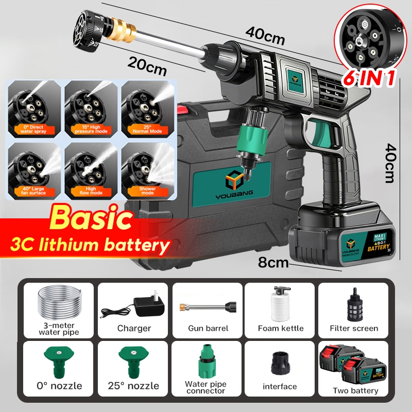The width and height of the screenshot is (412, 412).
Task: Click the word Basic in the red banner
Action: point(90,218)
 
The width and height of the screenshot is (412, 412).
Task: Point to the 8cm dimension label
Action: point(273,263)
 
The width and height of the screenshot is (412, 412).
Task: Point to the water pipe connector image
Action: point(206,360)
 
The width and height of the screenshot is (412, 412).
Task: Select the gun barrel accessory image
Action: point(206,307)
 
